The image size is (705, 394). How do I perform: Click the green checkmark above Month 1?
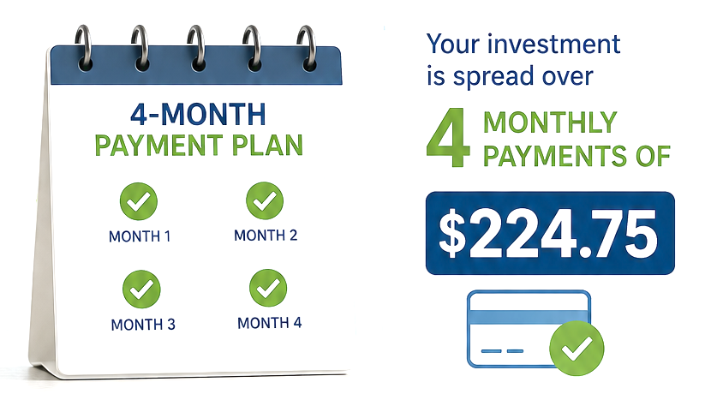[139, 201]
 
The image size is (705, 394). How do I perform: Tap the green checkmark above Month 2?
[265, 200]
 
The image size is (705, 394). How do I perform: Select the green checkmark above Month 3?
[141, 290]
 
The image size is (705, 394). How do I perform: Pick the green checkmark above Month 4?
[268, 288]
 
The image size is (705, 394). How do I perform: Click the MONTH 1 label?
[140, 236]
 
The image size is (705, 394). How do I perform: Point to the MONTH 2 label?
[266, 235]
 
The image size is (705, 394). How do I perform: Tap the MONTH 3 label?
[143, 325]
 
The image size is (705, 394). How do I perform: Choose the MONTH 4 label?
[269, 323]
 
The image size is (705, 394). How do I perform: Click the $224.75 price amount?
[548, 234]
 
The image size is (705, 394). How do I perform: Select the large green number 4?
[448, 137]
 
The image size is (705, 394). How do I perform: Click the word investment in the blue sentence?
[554, 44]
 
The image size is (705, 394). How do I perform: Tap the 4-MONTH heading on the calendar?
[198, 114]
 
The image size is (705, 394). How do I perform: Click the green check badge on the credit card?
[577, 348]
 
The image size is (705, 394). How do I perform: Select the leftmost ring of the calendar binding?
[84, 48]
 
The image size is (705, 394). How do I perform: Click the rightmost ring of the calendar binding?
[307, 48]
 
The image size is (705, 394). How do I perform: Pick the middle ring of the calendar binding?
[196, 48]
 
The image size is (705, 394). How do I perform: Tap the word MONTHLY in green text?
[550, 122]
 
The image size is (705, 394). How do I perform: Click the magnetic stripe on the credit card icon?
[529, 317]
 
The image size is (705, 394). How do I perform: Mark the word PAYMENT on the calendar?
[158, 145]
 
